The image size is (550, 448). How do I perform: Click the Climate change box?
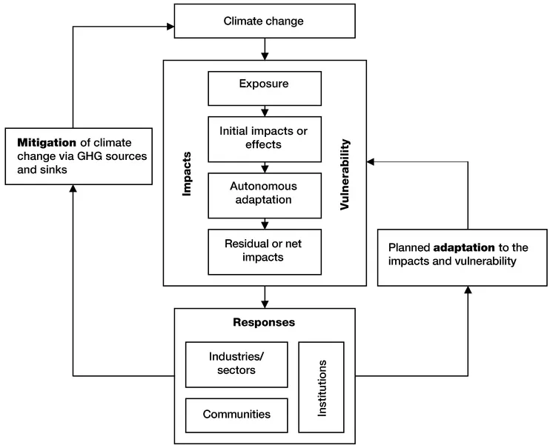click(264, 21)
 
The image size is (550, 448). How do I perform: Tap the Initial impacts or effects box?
click(264, 138)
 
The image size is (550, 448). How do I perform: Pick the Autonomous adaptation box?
click(264, 194)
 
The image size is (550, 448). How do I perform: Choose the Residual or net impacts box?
click(264, 251)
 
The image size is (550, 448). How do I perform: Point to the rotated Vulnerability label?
click(345, 175)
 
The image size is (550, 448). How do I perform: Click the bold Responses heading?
click(264, 323)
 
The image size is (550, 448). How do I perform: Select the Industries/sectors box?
click(236, 364)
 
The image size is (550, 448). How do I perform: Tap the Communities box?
click(236, 414)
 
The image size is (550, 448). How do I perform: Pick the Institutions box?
click(322, 387)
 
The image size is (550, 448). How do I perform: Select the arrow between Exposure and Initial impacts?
click(265, 110)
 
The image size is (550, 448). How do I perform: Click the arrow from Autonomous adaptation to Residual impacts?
click(265, 223)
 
